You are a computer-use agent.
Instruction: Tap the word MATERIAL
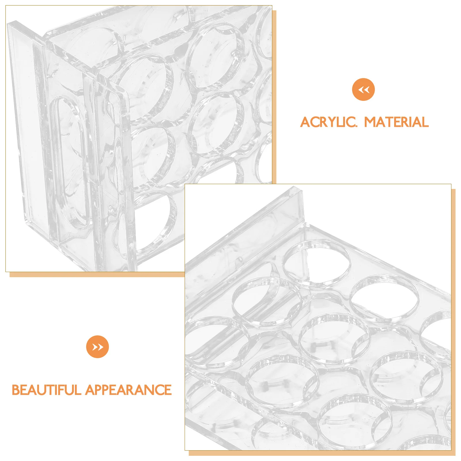pos(396,122)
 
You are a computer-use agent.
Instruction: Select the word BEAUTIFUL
pos(46,390)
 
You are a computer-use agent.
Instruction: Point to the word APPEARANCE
pos(128,390)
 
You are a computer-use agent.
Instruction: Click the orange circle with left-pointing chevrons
pos(363,90)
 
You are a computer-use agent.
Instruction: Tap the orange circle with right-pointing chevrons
pos(97,347)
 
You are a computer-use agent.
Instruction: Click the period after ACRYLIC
pos(356,126)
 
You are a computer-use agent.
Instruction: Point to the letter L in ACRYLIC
pos(339,122)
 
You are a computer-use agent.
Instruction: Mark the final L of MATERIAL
pos(425,122)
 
